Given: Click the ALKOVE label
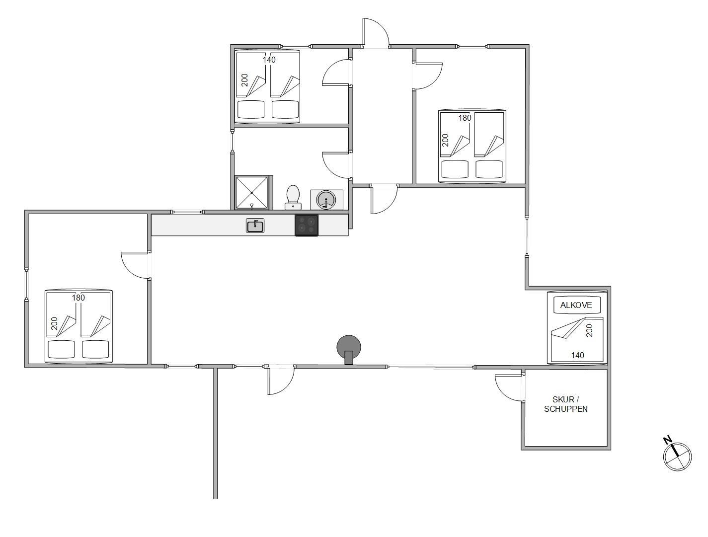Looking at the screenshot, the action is pos(576,305).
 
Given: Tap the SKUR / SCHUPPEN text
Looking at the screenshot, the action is pos(566,404).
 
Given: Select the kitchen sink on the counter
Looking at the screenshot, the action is pos(255,225).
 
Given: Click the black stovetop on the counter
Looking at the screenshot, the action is pos(307,225).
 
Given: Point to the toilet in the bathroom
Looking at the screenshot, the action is pos(293,197).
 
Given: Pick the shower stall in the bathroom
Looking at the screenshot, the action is pos(251,193).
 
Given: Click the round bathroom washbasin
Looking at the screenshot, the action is pos(326,200).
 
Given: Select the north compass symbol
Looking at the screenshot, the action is pos(677,457).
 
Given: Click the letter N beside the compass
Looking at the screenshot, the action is pos(667,440).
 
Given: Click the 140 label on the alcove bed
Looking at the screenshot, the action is pos(577,355).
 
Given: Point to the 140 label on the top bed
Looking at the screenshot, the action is pos(269,60).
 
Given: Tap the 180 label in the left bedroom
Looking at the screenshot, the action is pos(78,298).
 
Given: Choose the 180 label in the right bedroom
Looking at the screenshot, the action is pos(465,118).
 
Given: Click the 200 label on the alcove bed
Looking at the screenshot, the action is pos(589,330).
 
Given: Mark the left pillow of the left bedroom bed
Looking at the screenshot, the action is pos(61,349).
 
